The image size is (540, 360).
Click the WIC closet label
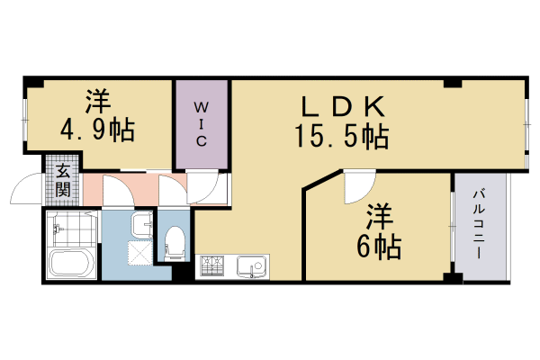click(202, 124)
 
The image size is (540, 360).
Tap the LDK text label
click(343, 106)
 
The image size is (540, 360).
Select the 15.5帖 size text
click(342, 137)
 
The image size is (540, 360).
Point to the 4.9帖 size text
click(97, 130)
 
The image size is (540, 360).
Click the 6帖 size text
click(379, 247)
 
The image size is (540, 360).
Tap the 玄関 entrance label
click(63, 181)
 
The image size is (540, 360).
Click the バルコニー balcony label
click(479, 224)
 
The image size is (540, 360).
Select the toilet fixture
click(175, 244)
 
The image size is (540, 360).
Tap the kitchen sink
click(251, 266)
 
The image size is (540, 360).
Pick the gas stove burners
click(212, 265)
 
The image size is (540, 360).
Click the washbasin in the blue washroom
click(142, 225)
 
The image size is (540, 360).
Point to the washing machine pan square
click(139, 253)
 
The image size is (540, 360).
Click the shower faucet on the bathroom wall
click(58, 228)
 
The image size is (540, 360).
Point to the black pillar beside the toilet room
click(181, 271)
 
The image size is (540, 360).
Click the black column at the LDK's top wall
click(452, 83)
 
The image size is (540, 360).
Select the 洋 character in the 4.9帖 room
click(98, 102)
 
